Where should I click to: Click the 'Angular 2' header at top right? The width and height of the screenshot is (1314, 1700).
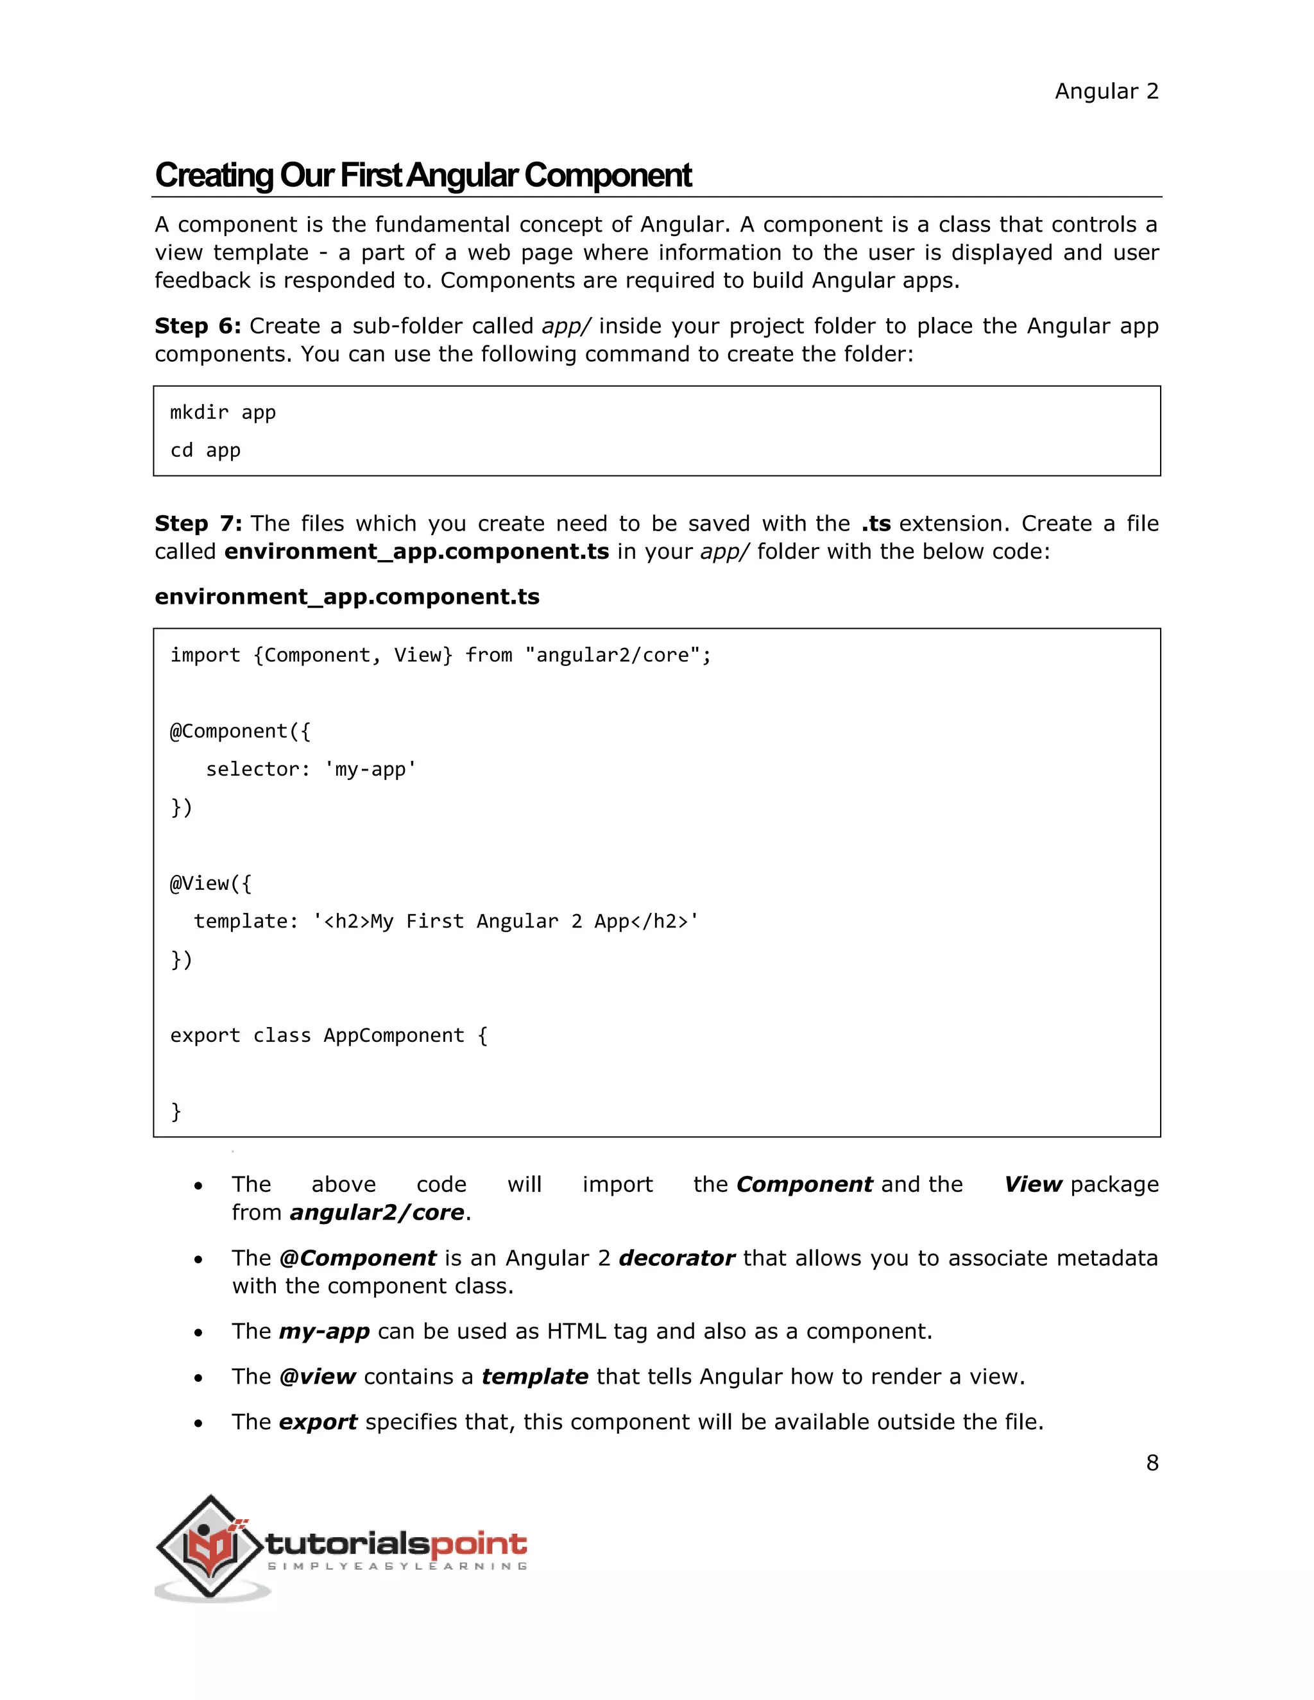(1106, 92)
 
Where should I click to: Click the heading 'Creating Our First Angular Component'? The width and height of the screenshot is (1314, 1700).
(423, 176)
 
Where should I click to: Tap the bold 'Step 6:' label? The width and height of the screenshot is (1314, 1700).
(198, 326)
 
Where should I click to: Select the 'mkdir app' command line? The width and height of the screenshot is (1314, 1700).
(223, 412)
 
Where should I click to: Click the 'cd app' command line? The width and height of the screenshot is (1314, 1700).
(205, 451)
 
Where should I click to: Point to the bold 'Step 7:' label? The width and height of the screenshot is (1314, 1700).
(198, 524)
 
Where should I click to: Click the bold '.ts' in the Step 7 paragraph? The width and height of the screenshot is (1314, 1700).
(876, 524)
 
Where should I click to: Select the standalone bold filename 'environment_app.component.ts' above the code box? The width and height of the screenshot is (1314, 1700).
(346, 597)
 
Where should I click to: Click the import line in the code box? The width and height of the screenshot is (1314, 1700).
(441, 656)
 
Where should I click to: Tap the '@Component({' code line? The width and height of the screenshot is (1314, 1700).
(240, 732)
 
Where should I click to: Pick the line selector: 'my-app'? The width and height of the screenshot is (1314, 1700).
(311, 770)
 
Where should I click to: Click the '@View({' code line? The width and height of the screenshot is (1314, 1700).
(211, 883)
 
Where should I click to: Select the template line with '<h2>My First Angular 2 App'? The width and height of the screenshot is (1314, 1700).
(446, 922)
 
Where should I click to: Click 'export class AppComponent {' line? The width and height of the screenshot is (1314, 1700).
(328, 1036)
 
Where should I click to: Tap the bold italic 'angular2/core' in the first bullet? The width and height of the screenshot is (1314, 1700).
(377, 1212)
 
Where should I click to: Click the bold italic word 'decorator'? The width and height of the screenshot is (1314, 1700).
(676, 1259)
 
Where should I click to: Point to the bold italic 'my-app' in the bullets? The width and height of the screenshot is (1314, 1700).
(324, 1332)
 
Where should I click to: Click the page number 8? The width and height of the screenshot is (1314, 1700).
(1152, 1463)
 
